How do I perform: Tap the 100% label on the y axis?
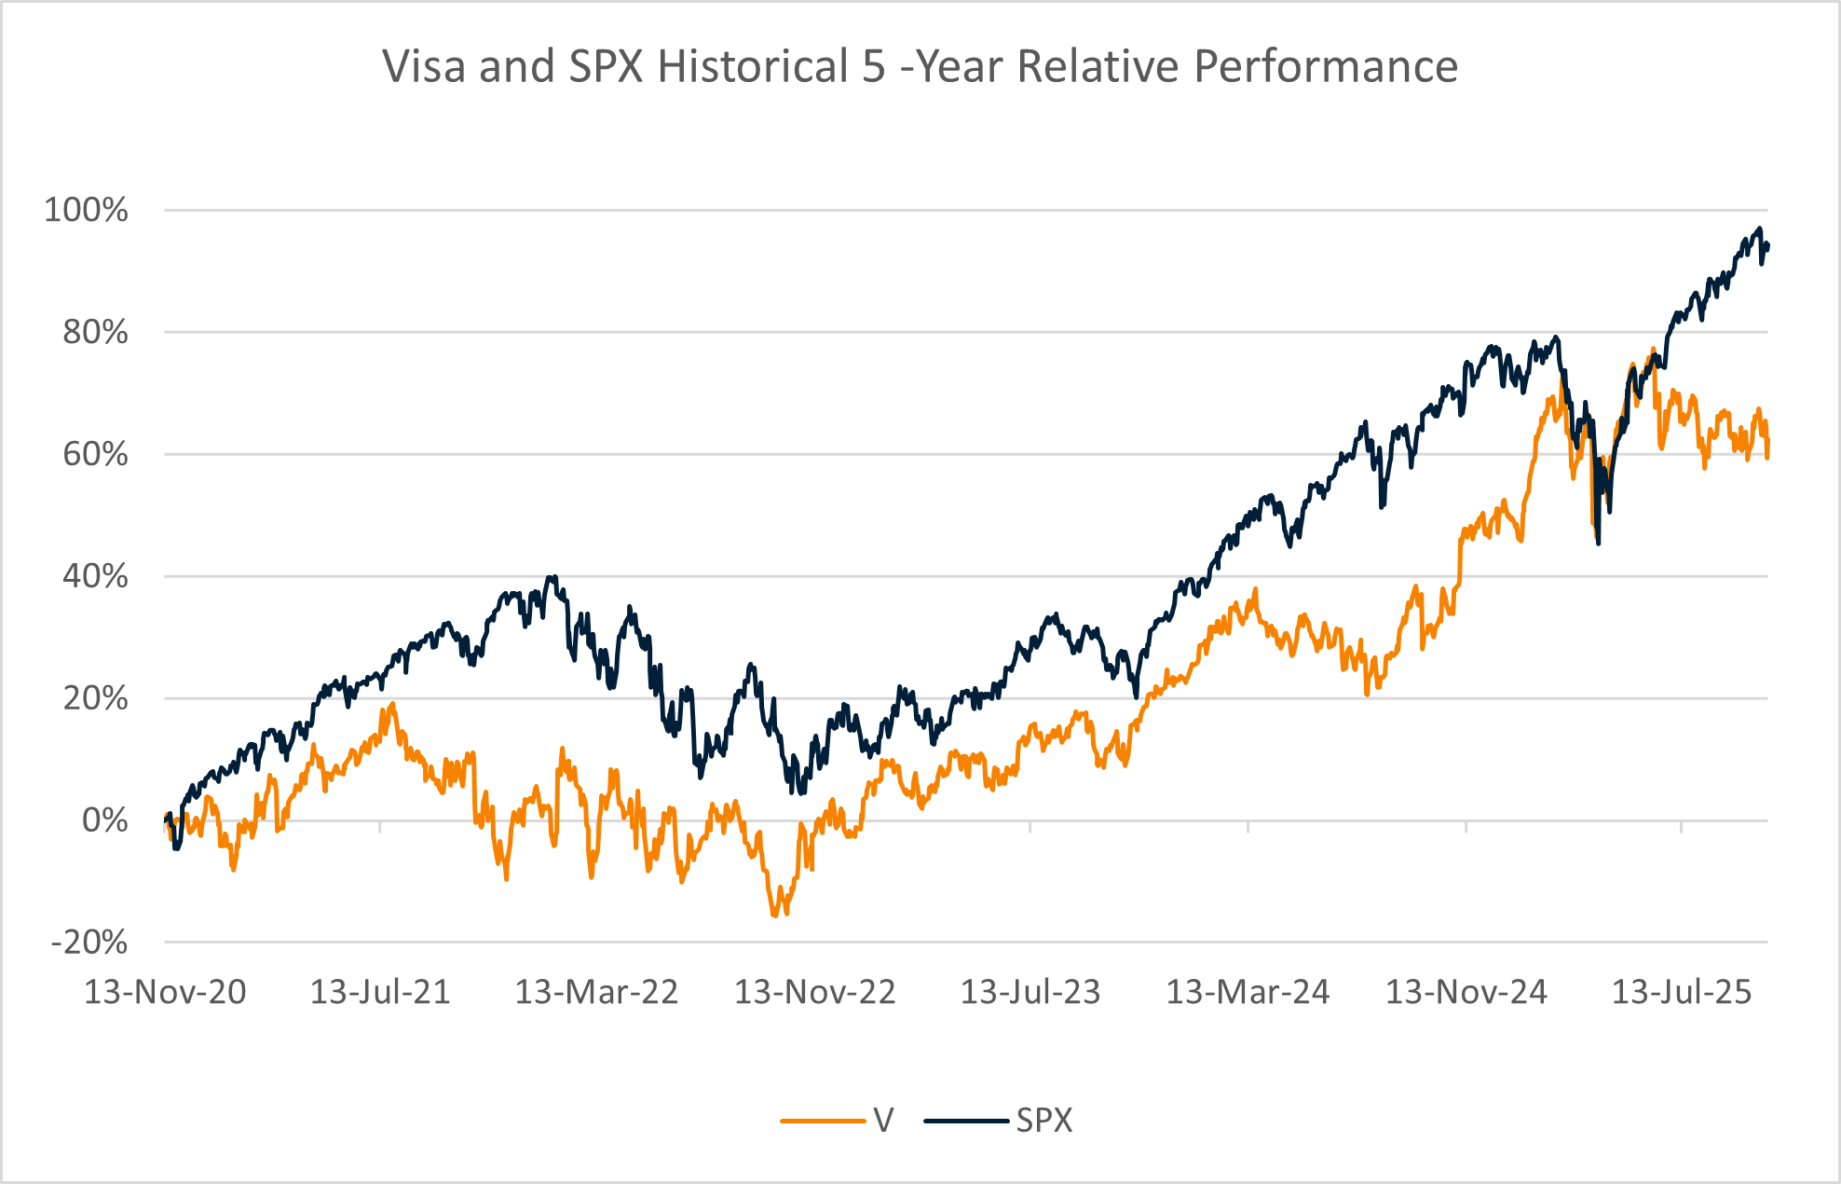87,210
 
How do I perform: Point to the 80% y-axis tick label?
95,332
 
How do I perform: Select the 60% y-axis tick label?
95,454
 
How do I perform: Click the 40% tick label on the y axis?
95,576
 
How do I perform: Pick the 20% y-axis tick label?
95,698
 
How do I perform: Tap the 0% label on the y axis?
104,820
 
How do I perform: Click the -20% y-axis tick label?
89,943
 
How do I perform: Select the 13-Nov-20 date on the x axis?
165,992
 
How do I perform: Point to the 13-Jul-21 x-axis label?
380,992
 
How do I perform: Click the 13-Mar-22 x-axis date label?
596,992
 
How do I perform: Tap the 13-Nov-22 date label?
814,992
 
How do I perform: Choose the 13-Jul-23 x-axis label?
1030,992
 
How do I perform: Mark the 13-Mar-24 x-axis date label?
1248,992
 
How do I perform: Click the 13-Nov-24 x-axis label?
1466,992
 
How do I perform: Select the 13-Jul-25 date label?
1682,992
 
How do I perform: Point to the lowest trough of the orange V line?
775,916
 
